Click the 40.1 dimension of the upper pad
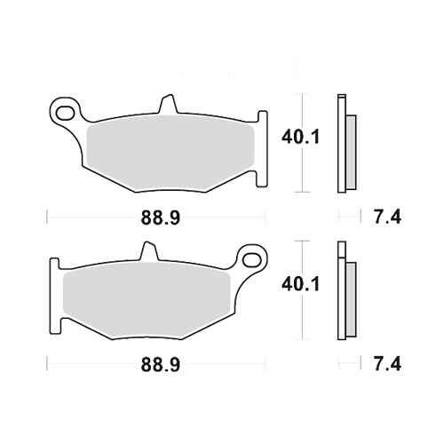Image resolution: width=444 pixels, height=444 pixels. (300, 138)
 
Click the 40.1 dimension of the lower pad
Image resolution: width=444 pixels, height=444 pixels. (300, 284)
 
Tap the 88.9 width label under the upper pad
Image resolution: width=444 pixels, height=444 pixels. (160, 218)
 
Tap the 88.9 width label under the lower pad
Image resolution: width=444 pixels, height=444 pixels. (160, 365)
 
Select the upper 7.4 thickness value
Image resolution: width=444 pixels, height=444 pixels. (387, 217)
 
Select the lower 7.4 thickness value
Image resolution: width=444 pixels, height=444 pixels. (387, 364)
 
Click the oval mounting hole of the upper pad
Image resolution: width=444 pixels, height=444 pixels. (65, 113)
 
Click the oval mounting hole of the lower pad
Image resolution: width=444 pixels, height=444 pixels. (251, 259)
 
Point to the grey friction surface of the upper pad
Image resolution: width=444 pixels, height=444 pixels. (170, 153)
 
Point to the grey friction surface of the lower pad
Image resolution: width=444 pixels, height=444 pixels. (147, 299)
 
